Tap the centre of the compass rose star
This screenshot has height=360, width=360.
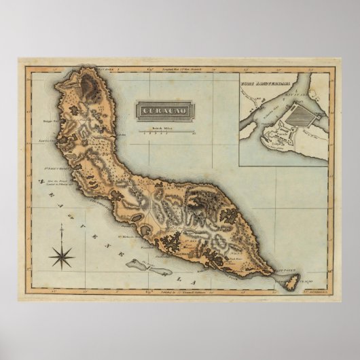(62, 257)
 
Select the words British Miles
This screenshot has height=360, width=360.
(164, 127)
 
